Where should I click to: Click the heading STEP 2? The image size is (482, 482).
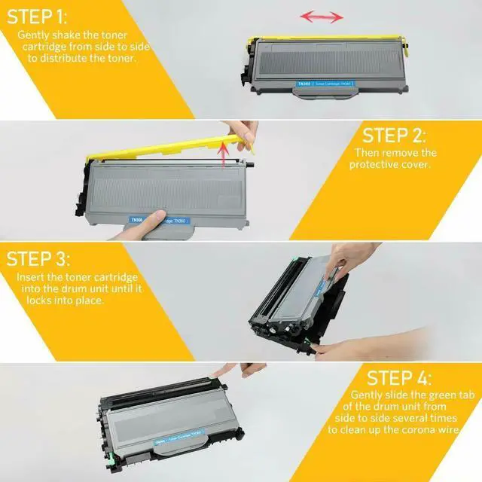click(394, 136)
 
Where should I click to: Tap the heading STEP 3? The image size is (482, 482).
click(39, 259)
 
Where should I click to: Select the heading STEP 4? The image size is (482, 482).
click(399, 377)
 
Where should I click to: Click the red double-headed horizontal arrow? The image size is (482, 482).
click(322, 16)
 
